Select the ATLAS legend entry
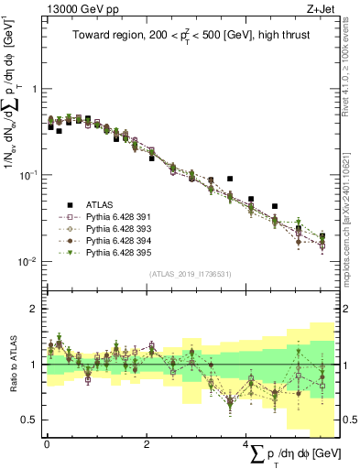(x=101, y=205)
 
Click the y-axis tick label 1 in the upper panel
(x=35, y=90)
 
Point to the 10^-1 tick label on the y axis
(x=30, y=175)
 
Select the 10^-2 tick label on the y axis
(x=30, y=261)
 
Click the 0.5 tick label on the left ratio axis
(x=30, y=420)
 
